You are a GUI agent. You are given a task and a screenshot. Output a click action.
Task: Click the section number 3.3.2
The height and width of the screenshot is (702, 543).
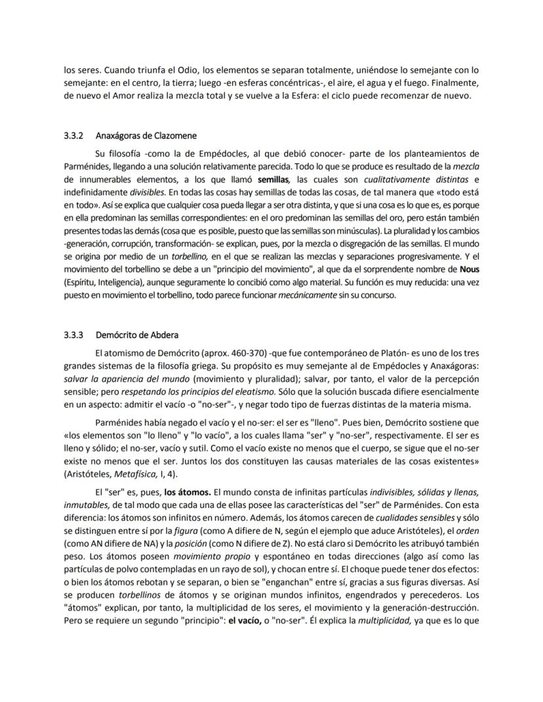pyautogui.click(x=73, y=136)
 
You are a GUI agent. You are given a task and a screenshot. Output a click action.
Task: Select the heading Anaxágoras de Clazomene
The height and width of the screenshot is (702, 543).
pyautogui.click(x=146, y=136)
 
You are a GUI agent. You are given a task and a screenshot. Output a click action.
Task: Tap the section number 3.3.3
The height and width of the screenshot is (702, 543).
pyautogui.click(x=73, y=335)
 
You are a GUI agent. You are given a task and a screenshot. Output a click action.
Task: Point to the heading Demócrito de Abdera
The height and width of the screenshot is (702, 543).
pyautogui.click(x=136, y=335)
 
